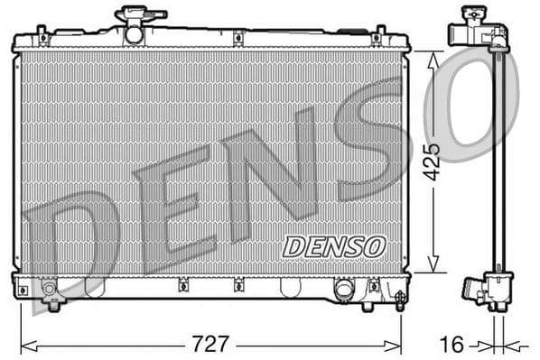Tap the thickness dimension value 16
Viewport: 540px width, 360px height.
tap(454, 344)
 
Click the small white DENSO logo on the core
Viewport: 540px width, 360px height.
tap(333, 245)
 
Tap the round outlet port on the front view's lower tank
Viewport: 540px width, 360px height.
tap(343, 290)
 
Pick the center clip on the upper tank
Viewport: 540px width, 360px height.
tap(237, 38)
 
